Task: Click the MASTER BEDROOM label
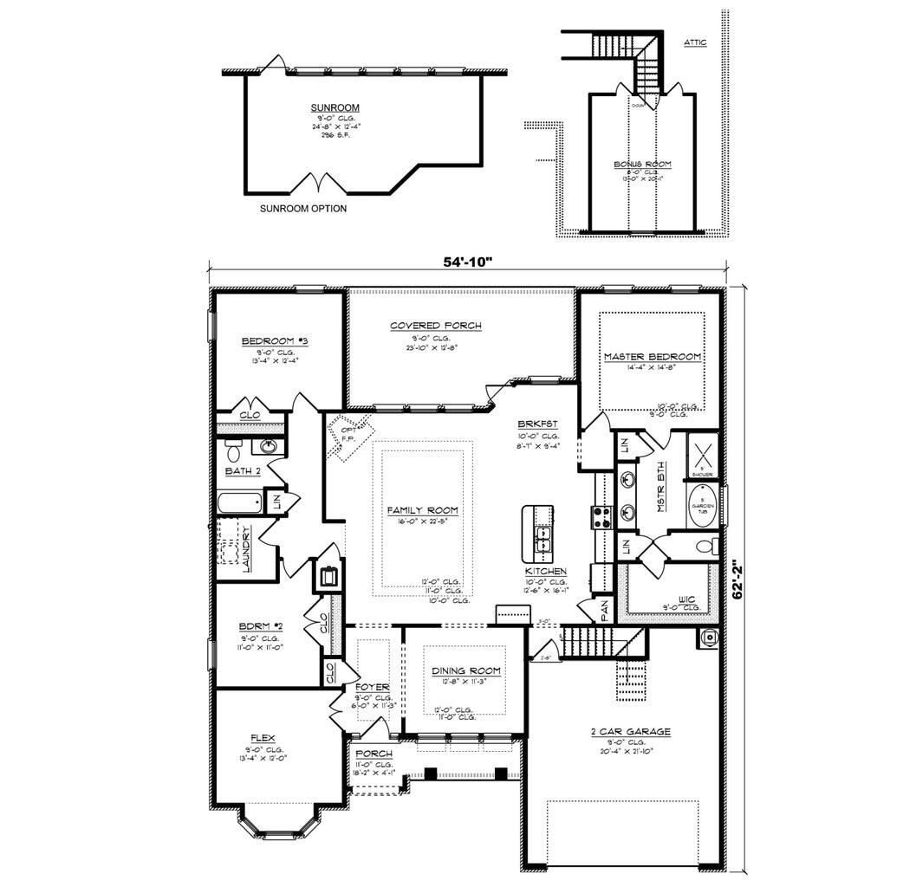(x=652, y=357)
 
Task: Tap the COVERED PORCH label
(x=435, y=326)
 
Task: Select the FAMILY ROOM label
(x=422, y=510)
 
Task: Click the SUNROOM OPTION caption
(x=303, y=209)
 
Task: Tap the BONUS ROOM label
(x=642, y=164)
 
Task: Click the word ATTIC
(x=695, y=42)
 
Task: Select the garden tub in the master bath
(x=699, y=507)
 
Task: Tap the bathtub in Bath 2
(x=238, y=502)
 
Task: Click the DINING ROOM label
(x=466, y=670)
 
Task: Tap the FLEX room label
(x=263, y=738)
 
